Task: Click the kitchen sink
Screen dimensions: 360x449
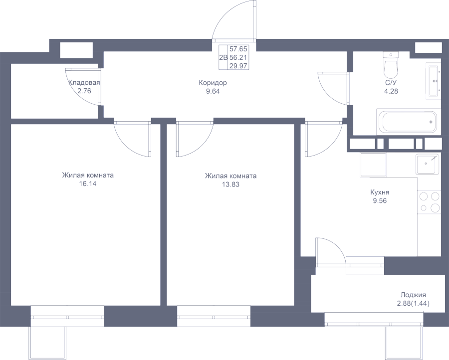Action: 428,165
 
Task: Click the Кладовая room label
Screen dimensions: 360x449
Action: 84,83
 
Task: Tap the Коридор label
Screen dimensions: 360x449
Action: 213,83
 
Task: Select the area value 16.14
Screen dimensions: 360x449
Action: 88,184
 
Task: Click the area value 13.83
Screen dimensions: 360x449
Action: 230,184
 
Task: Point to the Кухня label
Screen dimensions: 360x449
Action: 380,192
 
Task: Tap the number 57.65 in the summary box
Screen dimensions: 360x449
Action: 238,49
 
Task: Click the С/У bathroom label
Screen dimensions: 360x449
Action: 391,83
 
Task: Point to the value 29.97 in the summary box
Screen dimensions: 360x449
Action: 238,66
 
